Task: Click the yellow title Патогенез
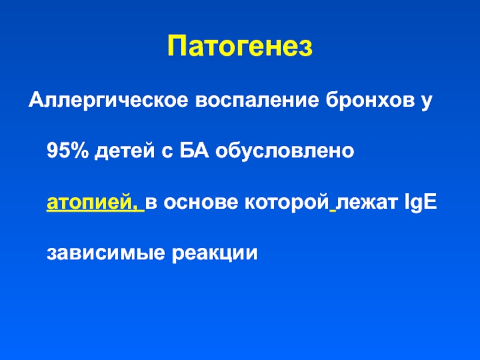240,46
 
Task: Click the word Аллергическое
108,101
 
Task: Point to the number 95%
68,151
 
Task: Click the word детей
125,151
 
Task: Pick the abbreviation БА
194,151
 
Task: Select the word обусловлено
284,151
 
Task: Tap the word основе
201,203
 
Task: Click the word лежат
367,203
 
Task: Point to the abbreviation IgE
421,202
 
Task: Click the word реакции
215,254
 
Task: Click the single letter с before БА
167,152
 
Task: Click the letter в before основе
151,203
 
